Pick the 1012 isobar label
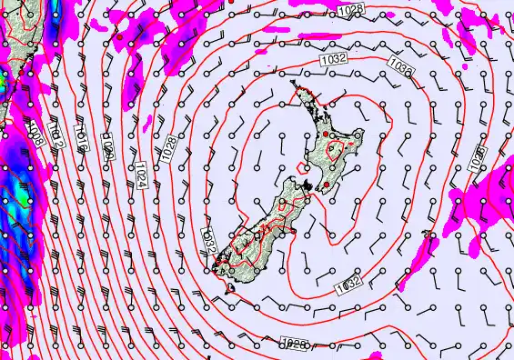click(57, 136)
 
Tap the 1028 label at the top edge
click(346, 9)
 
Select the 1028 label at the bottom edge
click(293, 344)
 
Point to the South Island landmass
click(259, 232)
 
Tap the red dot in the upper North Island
click(324, 135)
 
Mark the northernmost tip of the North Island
click(293, 85)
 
